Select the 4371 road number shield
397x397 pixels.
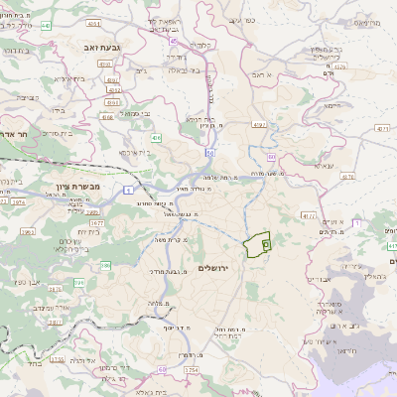point(381,128)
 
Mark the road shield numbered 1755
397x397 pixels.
point(57,359)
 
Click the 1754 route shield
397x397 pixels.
point(191,370)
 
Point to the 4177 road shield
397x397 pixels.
point(308,214)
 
